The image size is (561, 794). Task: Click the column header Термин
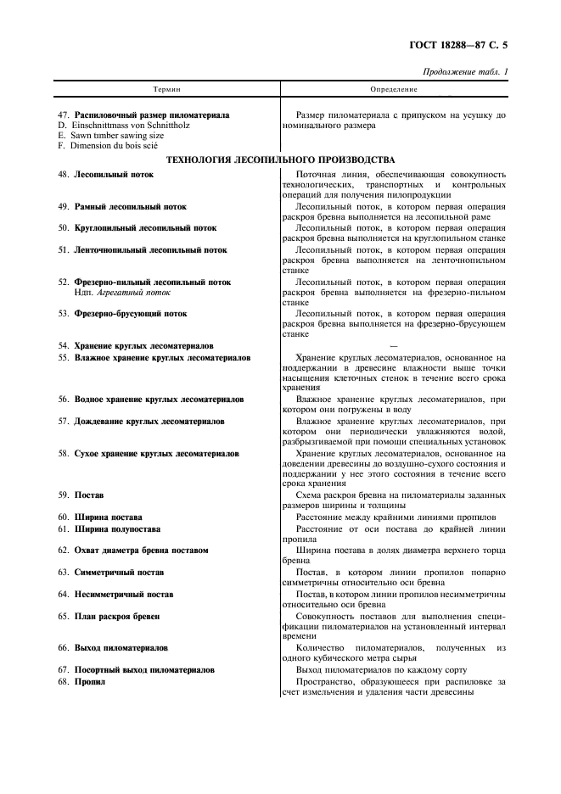166,89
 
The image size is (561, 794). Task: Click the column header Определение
394,89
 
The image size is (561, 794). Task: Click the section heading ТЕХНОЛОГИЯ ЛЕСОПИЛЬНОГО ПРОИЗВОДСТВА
280,159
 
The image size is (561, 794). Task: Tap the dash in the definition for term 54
393,345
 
